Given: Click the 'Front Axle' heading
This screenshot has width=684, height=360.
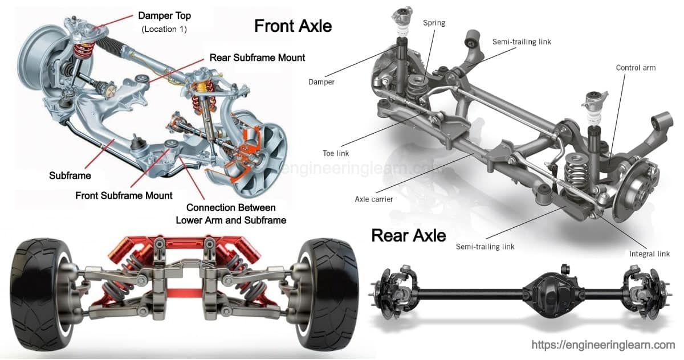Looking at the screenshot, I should [x=292, y=26].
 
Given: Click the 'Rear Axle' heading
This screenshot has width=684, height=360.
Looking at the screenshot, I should [x=408, y=235].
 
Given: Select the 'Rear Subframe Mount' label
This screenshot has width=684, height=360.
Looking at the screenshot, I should [x=257, y=58].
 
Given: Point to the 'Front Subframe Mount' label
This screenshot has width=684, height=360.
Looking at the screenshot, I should [x=124, y=195].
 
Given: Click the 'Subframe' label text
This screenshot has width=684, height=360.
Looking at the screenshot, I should [x=70, y=175].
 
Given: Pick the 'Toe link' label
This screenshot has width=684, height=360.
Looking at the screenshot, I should [x=335, y=153].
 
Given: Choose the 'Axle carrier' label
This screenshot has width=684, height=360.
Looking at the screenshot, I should [x=374, y=199].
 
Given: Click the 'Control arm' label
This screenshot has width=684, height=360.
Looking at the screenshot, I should [x=636, y=68].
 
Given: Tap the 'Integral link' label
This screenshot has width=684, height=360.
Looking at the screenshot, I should [x=649, y=254].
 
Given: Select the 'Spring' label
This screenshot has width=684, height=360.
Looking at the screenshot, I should [x=434, y=23].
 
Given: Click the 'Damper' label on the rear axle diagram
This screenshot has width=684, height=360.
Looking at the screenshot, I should [x=321, y=82].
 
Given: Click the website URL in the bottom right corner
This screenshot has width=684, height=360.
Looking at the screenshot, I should [x=603, y=345].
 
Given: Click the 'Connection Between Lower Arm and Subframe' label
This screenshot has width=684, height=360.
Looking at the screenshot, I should [x=231, y=214].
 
